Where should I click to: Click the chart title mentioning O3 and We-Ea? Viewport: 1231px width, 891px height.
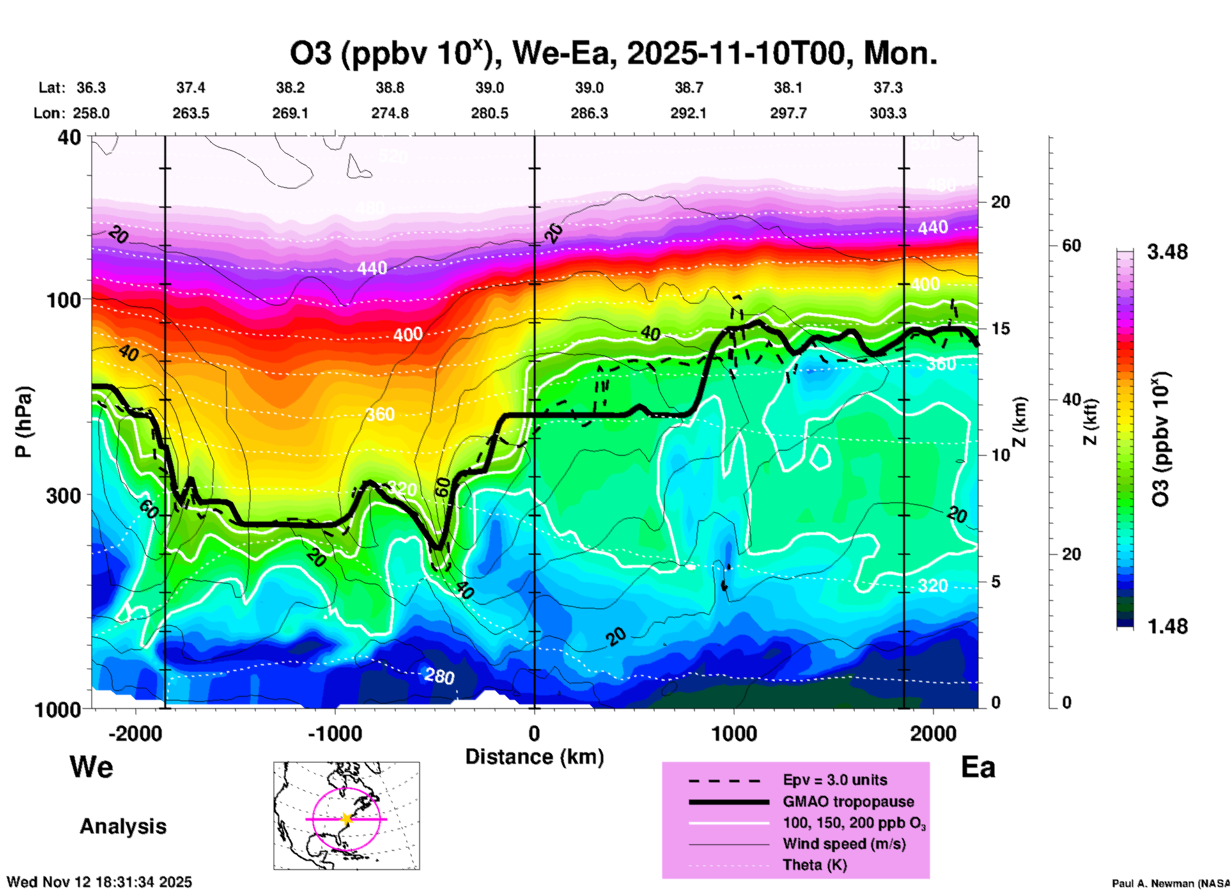(x=614, y=54)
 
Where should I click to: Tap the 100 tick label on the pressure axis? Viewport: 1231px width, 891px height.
(x=65, y=300)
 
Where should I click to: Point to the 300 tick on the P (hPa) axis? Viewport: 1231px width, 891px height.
(x=63, y=495)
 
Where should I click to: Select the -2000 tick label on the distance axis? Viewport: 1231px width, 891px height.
(x=135, y=733)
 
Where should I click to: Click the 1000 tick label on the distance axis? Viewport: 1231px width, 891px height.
(x=734, y=733)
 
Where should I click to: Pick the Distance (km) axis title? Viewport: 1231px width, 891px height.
(x=534, y=757)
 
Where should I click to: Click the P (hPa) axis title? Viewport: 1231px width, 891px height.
(x=24, y=421)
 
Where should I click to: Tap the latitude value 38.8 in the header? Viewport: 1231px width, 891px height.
(x=390, y=88)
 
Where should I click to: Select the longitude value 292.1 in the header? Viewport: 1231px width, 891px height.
(x=688, y=113)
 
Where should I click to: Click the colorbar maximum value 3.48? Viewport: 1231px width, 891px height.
(x=1167, y=252)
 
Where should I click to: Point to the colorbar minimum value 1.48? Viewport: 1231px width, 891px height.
(x=1167, y=626)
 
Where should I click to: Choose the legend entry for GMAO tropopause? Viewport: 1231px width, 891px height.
(x=848, y=802)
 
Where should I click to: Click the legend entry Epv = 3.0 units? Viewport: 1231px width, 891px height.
(x=835, y=780)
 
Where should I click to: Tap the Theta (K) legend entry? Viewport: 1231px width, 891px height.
(x=814, y=865)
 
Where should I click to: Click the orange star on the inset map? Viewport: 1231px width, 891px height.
(x=346, y=819)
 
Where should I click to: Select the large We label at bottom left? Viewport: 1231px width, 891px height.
(x=91, y=766)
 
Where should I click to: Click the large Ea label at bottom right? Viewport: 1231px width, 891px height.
(x=978, y=768)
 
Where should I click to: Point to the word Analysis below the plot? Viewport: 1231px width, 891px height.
(x=123, y=826)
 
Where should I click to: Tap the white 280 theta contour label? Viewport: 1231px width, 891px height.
(x=439, y=676)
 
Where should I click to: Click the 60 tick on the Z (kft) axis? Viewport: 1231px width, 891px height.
(x=1071, y=245)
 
